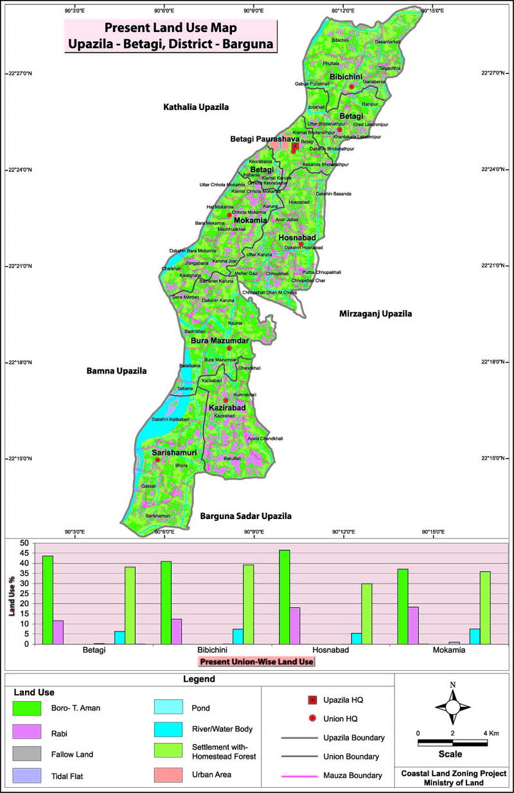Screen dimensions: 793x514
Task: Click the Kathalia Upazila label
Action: pos(196,107)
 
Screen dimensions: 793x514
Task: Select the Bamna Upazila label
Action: pos(117,371)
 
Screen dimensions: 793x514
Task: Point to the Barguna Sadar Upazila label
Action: pos(245,516)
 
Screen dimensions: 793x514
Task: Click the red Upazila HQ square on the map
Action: pos(295,147)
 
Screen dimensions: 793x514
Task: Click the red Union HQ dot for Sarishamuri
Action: pos(157,460)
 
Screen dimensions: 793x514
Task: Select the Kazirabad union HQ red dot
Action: pos(226,400)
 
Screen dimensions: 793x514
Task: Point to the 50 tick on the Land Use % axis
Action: pos(25,543)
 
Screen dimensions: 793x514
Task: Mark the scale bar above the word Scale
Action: pos(452,743)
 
